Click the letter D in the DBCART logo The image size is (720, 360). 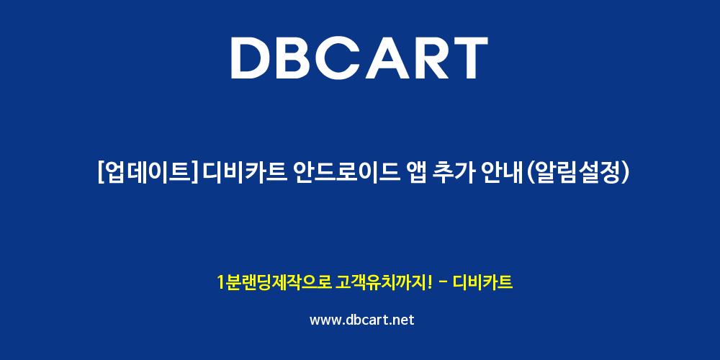pos(251,58)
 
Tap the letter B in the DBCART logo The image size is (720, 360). pos(298,58)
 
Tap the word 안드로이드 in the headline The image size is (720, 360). pos(341,174)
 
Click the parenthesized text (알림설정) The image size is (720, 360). pos(575,174)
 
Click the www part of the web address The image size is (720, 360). pos(325,320)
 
